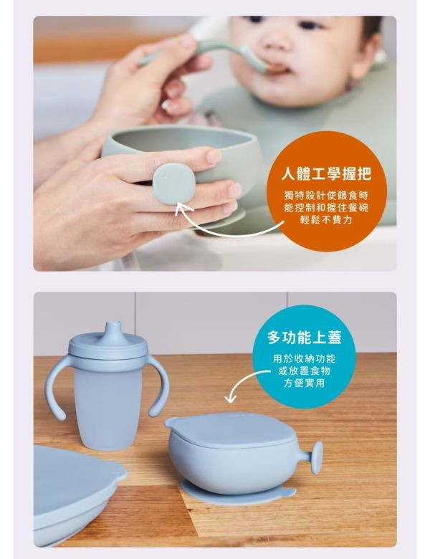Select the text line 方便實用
pyautogui.click(x=304, y=383)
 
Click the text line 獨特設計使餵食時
pyautogui.click(x=327, y=194)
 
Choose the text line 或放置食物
pyautogui.click(x=304, y=371)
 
